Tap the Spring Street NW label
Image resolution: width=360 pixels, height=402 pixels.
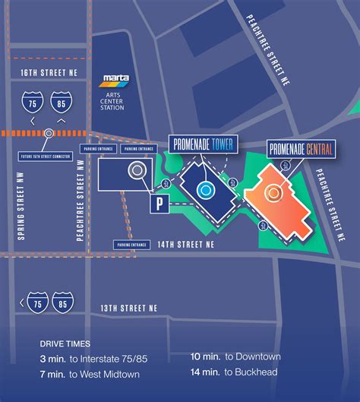(x=21, y=215)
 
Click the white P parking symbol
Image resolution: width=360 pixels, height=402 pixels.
(x=160, y=203)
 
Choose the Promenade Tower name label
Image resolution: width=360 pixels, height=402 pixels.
(x=203, y=144)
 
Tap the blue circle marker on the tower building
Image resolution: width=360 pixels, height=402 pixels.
(x=204, y=188)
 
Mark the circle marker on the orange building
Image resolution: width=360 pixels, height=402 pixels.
(x=272, y=193)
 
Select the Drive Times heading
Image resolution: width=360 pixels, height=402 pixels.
(x=65, y=343)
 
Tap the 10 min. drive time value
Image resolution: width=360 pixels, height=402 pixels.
(x=207, y=356)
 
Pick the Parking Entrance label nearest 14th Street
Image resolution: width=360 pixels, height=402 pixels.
(x=127, y=245)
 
